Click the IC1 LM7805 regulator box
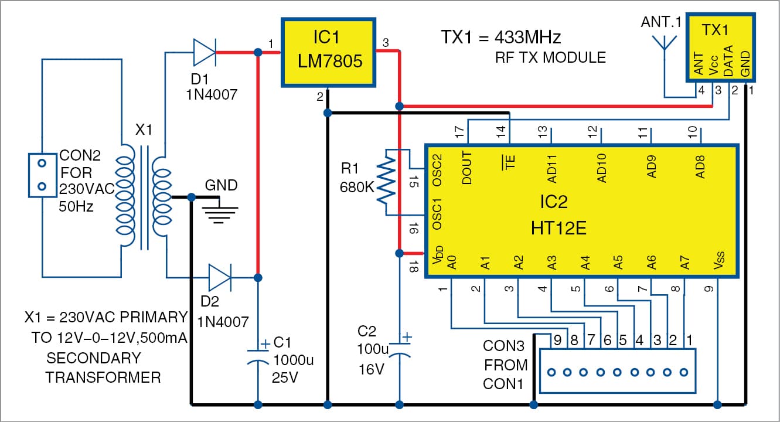pos(328,51)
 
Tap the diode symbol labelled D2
pos(220,276)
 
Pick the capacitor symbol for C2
pos(400,350)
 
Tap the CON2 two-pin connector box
pos(42,175)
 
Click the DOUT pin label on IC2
pos(467,169)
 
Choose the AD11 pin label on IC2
pos(543,170)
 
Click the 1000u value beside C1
pos(294,359)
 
